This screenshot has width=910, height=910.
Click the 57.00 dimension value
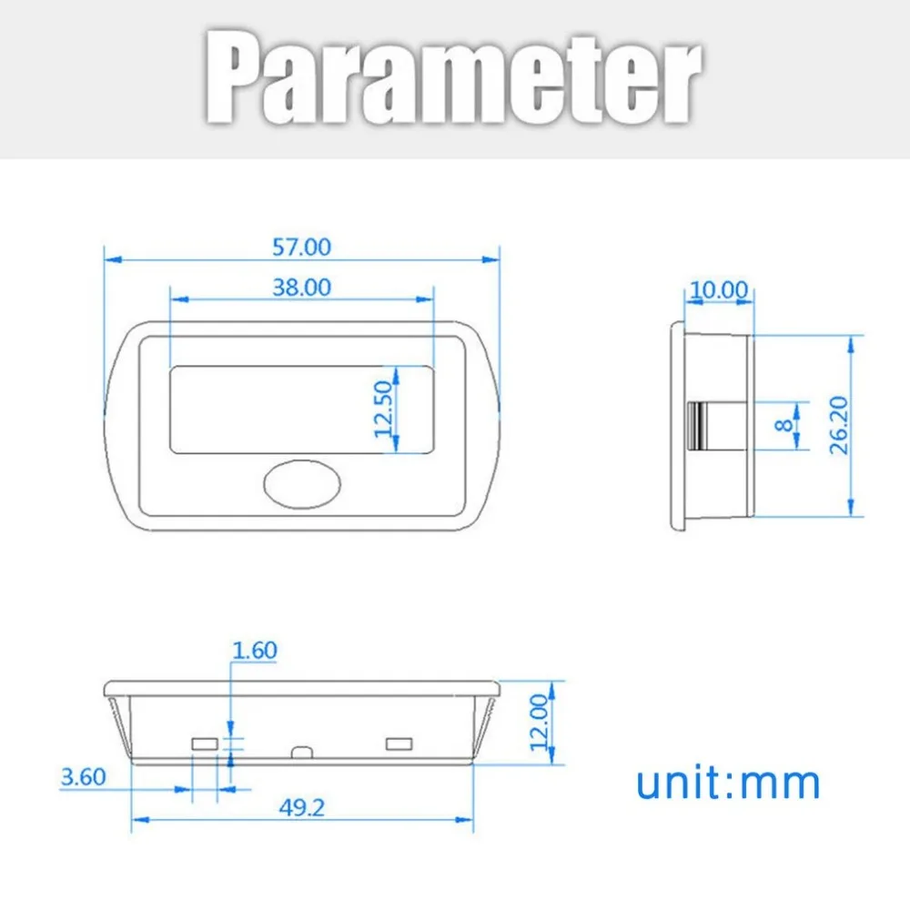pos(302,248)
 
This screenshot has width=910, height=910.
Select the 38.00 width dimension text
pos(302,288)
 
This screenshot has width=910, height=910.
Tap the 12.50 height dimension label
pos(384,409)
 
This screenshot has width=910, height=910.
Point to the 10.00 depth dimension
pos(719,289)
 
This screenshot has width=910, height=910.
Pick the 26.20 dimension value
pos(839,425)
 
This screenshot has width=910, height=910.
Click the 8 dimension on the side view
pos(784,425)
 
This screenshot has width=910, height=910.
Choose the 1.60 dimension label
pos(254,650)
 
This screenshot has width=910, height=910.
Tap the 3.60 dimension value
pos(83,777)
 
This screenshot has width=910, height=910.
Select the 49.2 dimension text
pos(302,807)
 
